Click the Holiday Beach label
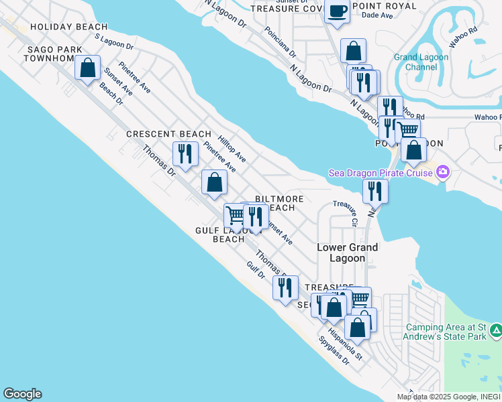[69, 27]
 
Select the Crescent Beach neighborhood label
[169, 134]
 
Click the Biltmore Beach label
[280, 204]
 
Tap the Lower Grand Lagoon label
[347, 253]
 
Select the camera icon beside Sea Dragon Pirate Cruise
[442, 173]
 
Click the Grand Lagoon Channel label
[415, 62]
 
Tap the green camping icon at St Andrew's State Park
[495, 330]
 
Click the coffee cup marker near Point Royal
[336, 12]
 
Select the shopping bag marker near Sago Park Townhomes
[87, 67]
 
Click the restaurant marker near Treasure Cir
[375, 191]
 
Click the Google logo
[22, 394]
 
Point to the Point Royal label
[383, 6]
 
